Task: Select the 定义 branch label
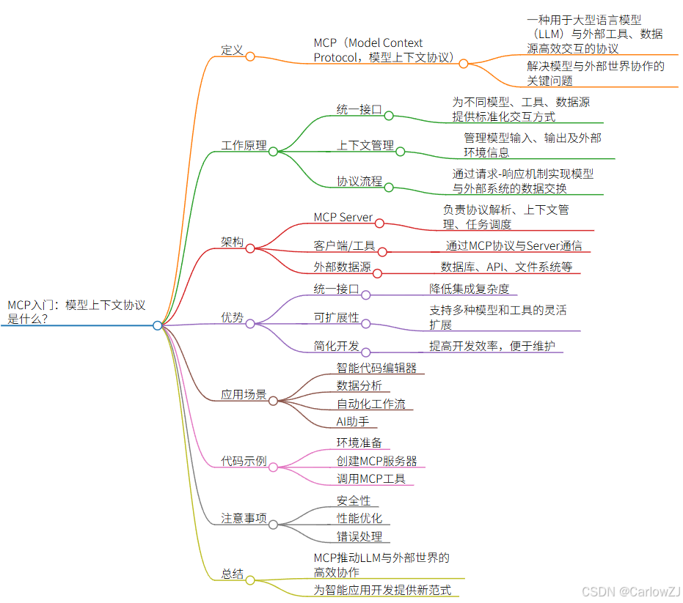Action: [233, 50]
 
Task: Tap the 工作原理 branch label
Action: [244, 145]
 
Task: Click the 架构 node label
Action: [233, 242]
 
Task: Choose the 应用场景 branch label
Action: [244, 394]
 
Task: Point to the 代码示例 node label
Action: [244, 461]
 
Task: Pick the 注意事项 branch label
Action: [244, 518]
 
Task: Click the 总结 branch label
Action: [233, 574]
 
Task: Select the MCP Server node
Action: [343, 218]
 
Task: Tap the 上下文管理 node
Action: [365, 145]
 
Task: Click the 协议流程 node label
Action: [359, 181]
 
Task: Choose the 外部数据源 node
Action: [343, 267]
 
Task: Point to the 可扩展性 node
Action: [337, 317]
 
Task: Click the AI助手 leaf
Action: [353, 421]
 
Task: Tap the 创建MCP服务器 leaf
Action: [377, 461]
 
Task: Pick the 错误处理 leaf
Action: [359, 536]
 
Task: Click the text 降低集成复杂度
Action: [470, 289]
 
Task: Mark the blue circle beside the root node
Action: [158, 325]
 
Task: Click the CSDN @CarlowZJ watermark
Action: [629, 591]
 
